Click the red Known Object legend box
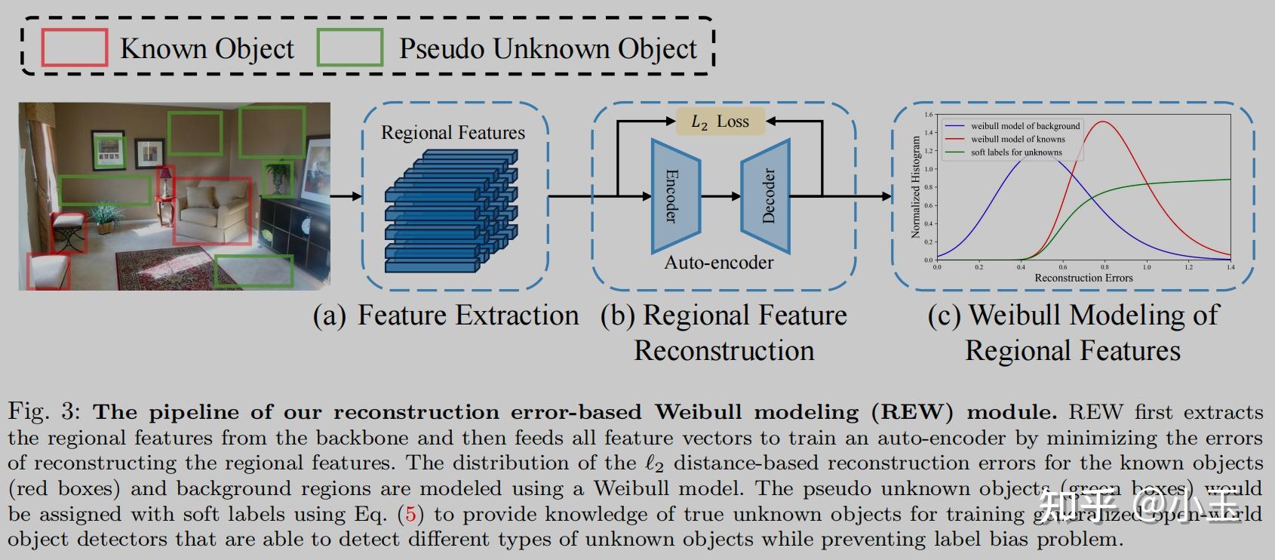click(x=74, y=48)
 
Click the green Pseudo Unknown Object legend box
click(x=349, y=48)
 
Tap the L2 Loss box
click(x=720, y=122)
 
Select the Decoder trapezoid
click(x=767, y=196)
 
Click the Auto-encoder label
click(x=718, y=263)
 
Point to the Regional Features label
click(x=453, y=133)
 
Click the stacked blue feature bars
click(x=451, y=211)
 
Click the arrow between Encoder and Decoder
click(x=721, y=196)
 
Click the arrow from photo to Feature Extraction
click(x=346, y=196)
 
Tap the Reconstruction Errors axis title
click(x=1083, y=278)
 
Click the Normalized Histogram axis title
click(x=916, y=187)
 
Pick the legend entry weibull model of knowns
click(x=1018, y=139)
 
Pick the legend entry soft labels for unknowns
click(x=1016, y=152)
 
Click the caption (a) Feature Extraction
click(x=445, y=315)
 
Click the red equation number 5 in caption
click(x=410, y=515)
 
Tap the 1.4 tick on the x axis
click(x=1230, y=267)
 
